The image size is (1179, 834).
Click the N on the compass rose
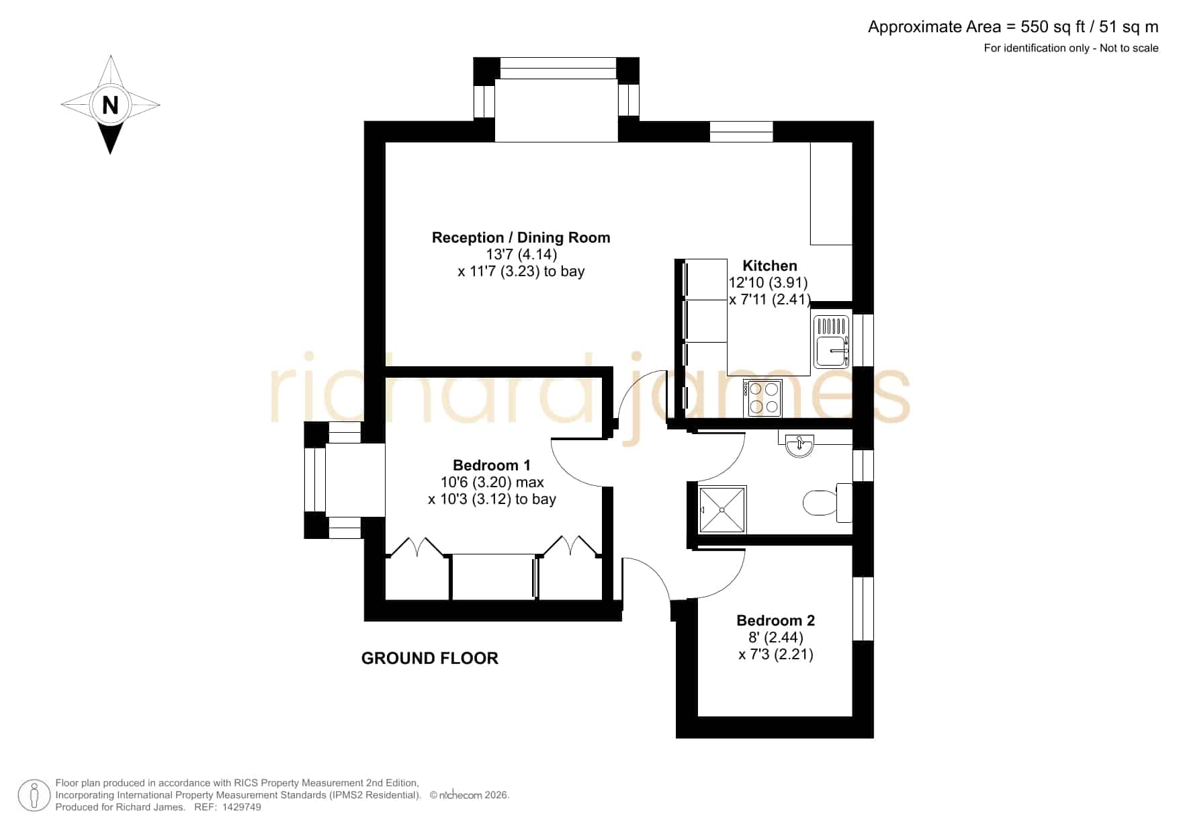[x=110, y=105]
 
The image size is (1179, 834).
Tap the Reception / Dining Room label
[x=521, y=237]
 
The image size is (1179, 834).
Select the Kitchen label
[x=770, y=265]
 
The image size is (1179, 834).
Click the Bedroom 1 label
[x=492, y=465]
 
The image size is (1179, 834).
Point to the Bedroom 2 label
[x=776, y=620]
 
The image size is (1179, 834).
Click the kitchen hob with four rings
[x=763, y=398]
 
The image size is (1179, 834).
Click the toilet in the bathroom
[x=827, y=502]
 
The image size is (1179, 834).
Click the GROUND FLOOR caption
[x=430, y=659]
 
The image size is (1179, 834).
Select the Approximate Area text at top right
[x=1013, y=27]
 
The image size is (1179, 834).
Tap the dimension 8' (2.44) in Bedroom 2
[x=776, y=637]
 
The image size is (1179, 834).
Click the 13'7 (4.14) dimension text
[x=521, y=254]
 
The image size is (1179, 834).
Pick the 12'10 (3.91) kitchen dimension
[x=768, y=282]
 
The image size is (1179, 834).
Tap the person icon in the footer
[x=34, y=796]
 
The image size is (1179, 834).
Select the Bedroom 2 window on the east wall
[x=863, y=609]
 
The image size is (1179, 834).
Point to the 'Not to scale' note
[x=1129, y=48]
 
